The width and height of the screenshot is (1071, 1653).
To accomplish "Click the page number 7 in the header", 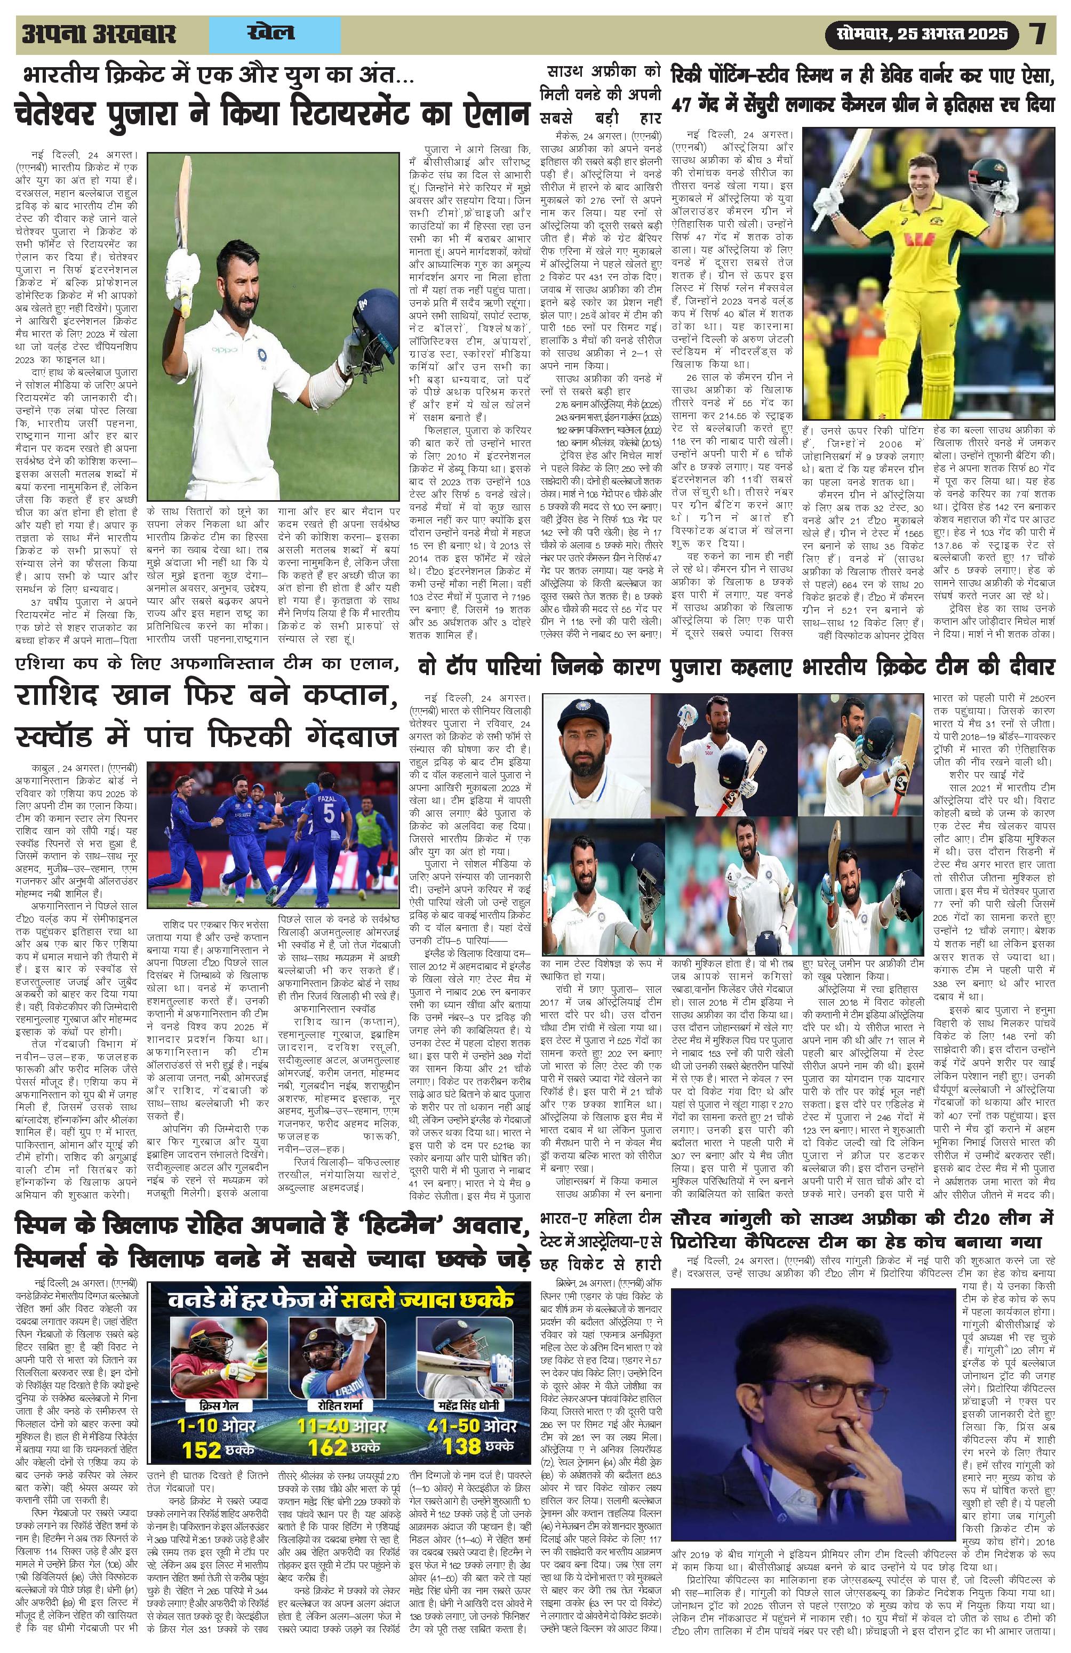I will coord(1038,34).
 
